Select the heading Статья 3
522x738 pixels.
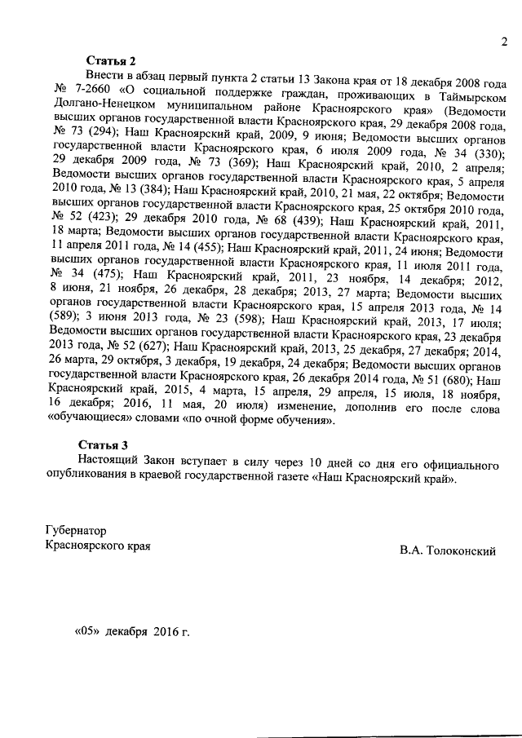104,446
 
